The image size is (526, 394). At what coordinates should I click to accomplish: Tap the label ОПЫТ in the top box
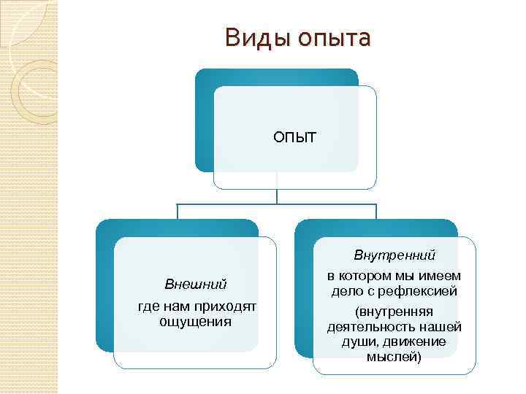(x=295, y=136)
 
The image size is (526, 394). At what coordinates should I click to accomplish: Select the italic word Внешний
(x=195, y=283)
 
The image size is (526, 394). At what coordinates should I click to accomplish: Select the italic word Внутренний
(x=394, y=255)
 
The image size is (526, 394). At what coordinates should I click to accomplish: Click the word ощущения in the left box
(x=195, y=321)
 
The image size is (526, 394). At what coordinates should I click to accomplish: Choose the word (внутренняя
(x=394, y=311)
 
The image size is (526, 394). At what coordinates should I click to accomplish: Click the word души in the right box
(x=357, y=341)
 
